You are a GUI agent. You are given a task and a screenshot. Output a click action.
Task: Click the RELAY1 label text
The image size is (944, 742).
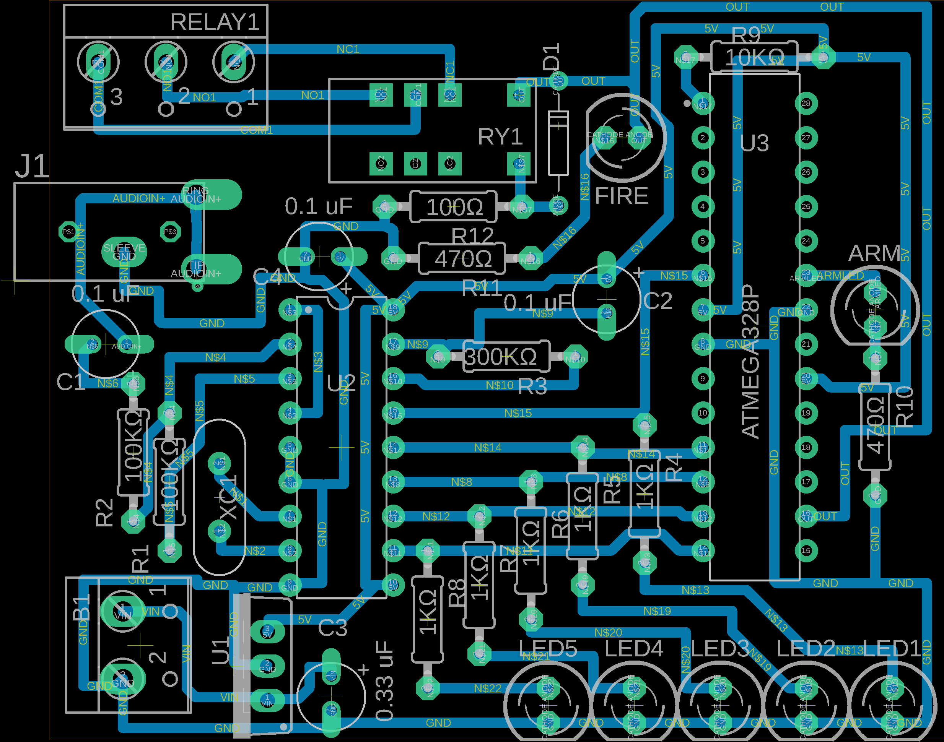pos(215,22)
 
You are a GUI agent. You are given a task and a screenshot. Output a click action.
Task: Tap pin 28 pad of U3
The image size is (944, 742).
pos(806,103)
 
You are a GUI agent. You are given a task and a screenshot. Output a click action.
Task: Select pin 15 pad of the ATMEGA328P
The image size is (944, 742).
pos(806,550)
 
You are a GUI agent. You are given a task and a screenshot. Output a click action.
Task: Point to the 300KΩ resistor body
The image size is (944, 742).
pos(506,357)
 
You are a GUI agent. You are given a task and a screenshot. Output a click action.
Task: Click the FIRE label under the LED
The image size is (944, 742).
pos(622,196)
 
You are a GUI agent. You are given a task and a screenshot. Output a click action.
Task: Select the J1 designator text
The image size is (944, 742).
pos(32,166)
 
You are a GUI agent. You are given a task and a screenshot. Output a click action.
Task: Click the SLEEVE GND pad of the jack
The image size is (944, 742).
pos(124,252)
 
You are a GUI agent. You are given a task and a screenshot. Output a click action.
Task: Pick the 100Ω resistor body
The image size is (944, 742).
pos(454,207)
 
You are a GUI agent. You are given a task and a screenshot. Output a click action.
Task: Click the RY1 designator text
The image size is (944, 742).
pos(500,137)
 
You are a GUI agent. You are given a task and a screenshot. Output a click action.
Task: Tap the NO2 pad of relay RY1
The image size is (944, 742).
pos(381,163)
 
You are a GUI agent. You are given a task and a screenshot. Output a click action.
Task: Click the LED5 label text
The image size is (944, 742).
pos(548,649)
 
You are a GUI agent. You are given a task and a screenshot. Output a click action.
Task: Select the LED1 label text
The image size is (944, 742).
pos(892,649)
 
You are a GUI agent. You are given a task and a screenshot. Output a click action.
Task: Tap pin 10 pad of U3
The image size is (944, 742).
pos(702,413)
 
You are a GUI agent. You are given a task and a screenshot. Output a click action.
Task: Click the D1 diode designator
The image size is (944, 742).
pos(552,57)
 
